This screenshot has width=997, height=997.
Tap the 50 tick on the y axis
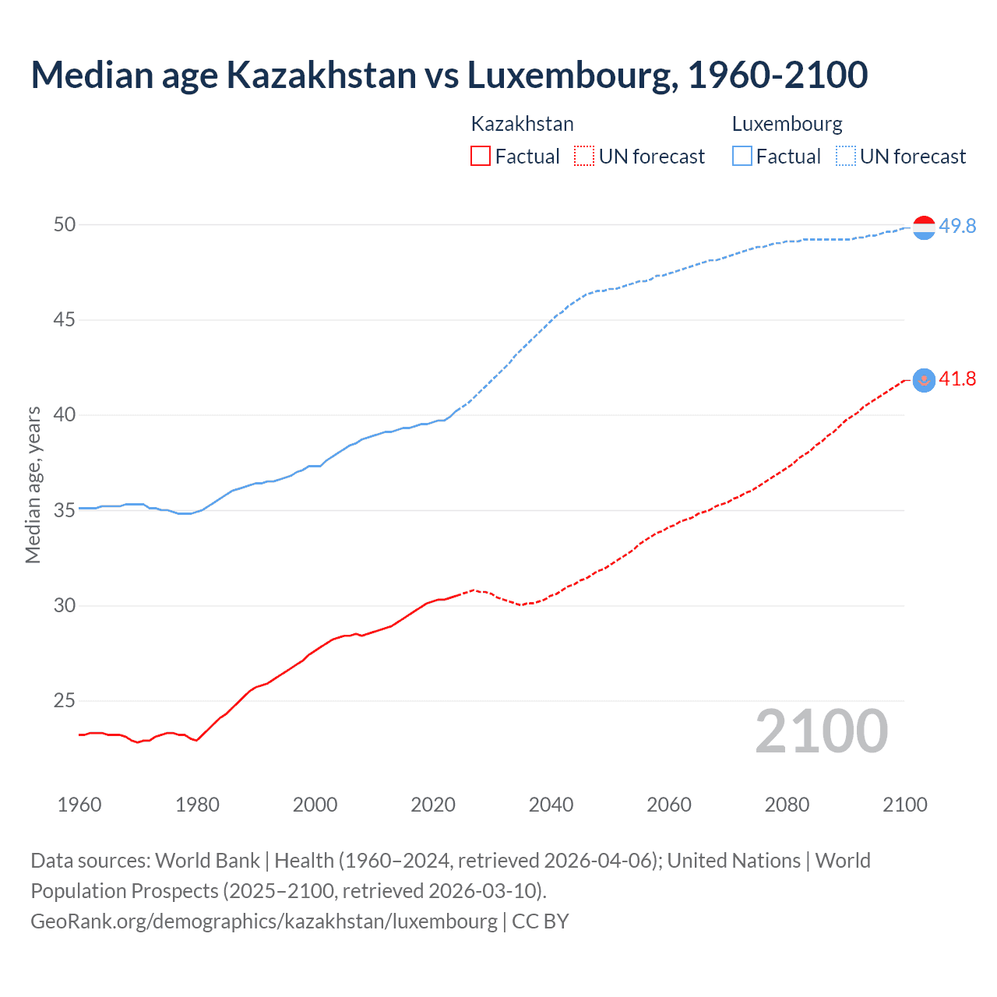(x=65, y=225)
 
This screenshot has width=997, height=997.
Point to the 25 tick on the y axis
(x=65, y=701)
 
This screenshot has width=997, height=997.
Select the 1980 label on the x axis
(x=197, y=805)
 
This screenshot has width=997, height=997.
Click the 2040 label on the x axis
(x=551, y=805)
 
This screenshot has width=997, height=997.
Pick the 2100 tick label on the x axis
(x=904, y=805)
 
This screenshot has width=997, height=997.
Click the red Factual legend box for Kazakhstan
(x=481, y=157)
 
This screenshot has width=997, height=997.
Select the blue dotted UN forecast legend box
(x=846, y=157)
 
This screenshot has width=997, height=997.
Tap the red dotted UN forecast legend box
(x=584, y=157)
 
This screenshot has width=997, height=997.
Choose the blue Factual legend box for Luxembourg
(x=742, y=157)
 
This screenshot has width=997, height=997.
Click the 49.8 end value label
(x=957, y=227)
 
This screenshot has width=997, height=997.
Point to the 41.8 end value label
(x=957, y=379)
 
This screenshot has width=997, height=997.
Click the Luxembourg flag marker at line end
(x=924, y=227)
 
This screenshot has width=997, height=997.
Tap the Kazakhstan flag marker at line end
(x=924, y=380)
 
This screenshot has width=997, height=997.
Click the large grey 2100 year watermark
(x=821, y=731)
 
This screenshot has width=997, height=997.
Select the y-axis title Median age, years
(x=33, y=484)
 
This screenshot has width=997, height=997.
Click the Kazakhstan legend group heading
(x=522, y=124)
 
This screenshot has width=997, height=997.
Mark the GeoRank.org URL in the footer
(x=263, y=921)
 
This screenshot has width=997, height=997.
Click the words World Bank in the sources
(x=207, y=861)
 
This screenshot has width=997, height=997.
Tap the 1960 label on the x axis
(x=79, y=805)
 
